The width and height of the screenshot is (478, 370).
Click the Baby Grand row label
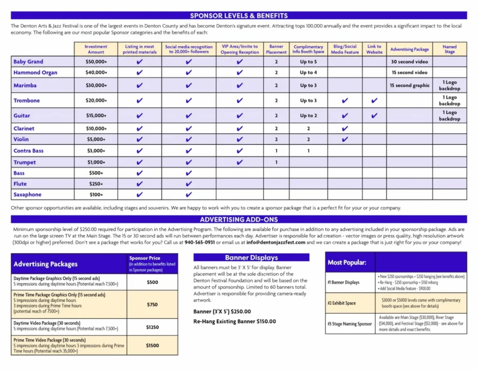(28, 62)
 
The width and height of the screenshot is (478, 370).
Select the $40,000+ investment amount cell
(96, 72)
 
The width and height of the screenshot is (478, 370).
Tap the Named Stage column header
(449, 49)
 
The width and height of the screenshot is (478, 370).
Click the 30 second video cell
(409, 62)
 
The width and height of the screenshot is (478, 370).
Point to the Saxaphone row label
(28, 194)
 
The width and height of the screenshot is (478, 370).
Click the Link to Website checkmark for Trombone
(374, 100)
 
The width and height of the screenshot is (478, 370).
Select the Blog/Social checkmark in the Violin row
(344, 139)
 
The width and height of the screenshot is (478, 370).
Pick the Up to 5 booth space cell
(308, 62)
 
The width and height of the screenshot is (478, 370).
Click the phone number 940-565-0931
(200, 242)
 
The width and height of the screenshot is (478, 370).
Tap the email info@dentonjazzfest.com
(276, 242)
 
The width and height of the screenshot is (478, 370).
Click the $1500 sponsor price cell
(152, 345)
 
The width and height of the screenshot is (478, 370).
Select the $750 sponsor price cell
(152, 304)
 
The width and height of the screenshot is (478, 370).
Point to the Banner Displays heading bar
(251, 257)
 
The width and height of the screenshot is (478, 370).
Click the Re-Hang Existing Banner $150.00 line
(234, 321)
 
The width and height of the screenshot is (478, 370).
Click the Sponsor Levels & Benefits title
(239, 15)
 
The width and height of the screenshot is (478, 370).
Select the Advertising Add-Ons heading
(239, 219)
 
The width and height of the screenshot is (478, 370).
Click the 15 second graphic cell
(409, 85)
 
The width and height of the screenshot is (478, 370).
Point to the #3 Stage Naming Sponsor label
(350, 324)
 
